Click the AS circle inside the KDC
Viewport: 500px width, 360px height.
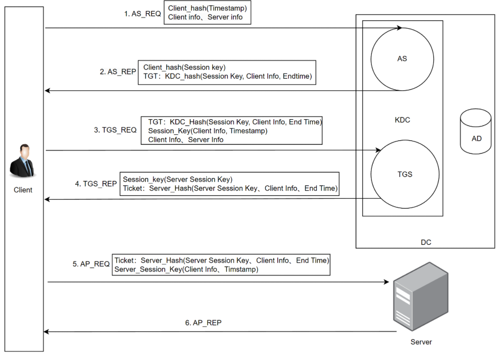(402, 59)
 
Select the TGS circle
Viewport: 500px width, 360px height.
(405, 174)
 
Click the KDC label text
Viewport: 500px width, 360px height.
(402, 120)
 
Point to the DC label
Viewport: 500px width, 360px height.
(426, 242)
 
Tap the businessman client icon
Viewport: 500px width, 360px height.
(23, 162)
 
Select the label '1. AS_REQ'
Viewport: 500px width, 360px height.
(142, 14)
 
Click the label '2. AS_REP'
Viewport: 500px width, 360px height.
(118, 72)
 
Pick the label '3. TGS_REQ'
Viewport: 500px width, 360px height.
(115, 130)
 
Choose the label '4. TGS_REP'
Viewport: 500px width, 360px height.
(96, 184)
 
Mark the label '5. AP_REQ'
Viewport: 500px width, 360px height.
(91, 264)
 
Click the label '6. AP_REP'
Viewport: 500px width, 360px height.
(203, 323)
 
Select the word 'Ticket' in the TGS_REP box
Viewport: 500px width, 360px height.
(133, 188)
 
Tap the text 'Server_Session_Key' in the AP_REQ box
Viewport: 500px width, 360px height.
(143, 269)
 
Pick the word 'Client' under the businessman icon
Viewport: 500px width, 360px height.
(23, 190)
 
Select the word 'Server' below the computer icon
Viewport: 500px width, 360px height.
(421, 342)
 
